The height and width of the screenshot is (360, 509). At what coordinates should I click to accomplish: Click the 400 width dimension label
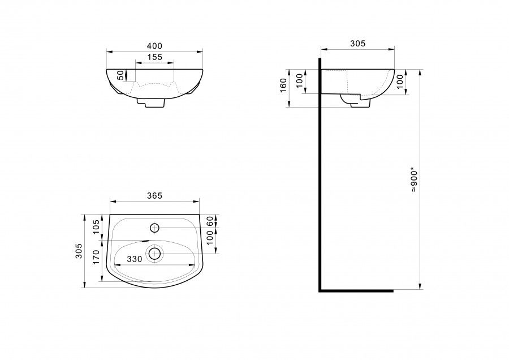click(154, 46)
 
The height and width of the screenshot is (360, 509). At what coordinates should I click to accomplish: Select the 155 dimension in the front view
click(154, 57)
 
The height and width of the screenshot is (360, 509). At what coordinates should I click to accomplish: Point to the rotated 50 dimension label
click(120, 75)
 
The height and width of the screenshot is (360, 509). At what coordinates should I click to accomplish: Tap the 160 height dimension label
click(283, 85)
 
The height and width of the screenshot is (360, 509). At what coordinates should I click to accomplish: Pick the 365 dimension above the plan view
click(154, 196)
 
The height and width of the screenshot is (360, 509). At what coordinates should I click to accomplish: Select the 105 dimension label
click(96, 226)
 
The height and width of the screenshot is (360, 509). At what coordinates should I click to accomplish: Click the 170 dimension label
click(96, 256)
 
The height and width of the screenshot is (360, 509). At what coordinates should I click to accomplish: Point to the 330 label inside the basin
click(135, 259)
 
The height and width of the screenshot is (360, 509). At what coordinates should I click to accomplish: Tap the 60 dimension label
click(210, 221)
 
